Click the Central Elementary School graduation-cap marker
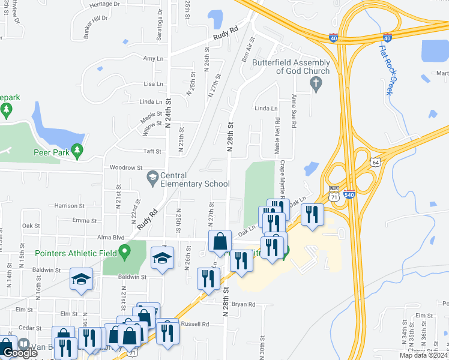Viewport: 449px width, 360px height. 152,177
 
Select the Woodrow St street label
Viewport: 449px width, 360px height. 125,168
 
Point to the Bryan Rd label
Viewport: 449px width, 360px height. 244,304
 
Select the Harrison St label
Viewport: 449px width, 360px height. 66,206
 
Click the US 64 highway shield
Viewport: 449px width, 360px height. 376,162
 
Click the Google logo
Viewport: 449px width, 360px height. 20,353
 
